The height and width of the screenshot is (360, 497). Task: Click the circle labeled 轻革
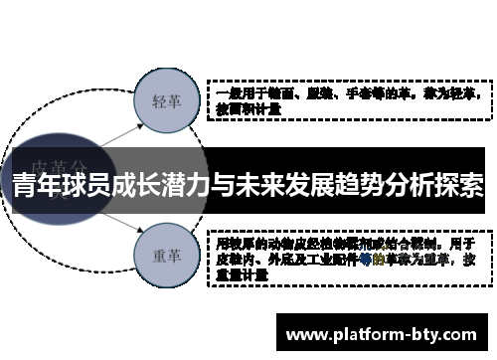(x=165, y=100)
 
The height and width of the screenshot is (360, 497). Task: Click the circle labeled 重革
(x=165, y=254)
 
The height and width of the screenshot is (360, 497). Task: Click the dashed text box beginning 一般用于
(x=346, y=100)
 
